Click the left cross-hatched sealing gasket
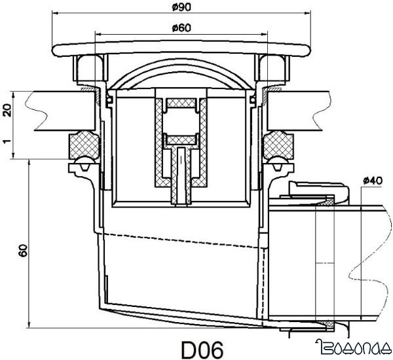pos(84,143)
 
